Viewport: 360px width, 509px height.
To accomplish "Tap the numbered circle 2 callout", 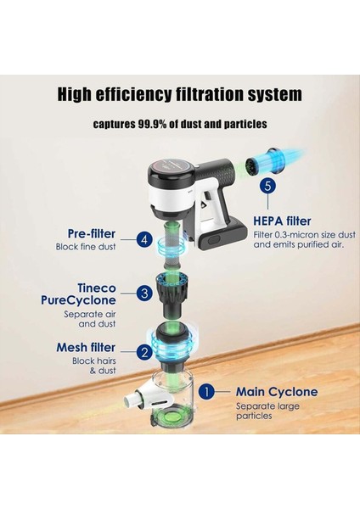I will [x=146, y=351].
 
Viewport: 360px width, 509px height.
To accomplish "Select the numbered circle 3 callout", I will [x=147, y=293].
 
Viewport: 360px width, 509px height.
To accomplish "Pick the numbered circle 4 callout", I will [x=146, y=240].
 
